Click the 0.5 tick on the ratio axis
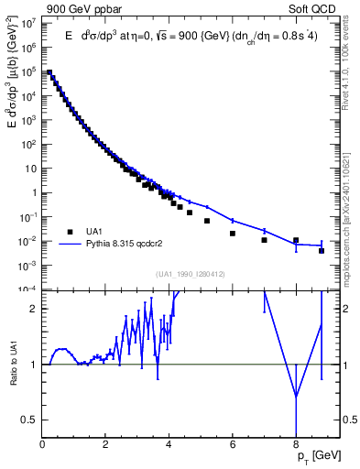click(30, 419)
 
